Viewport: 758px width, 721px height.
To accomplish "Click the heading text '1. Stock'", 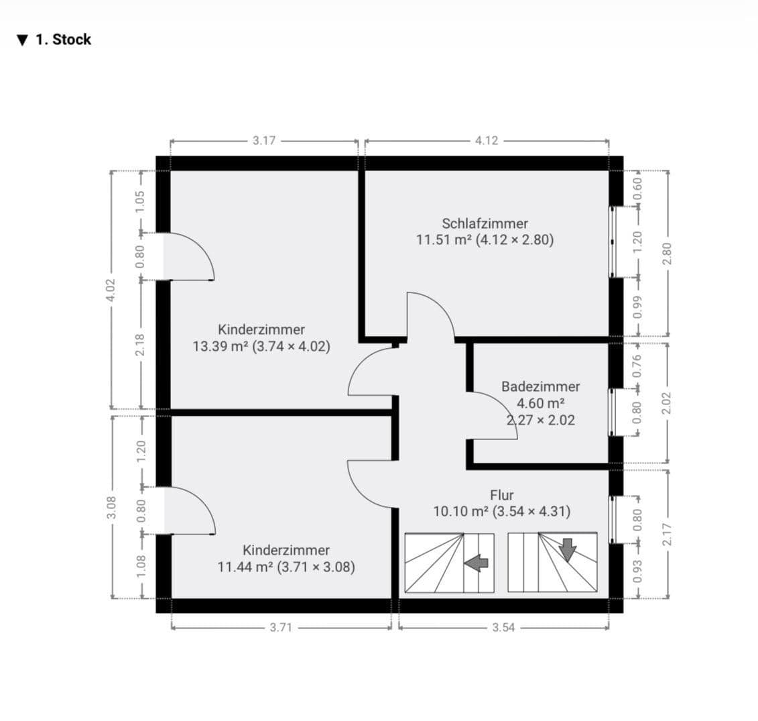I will pyautogui.click(x=63, y=40).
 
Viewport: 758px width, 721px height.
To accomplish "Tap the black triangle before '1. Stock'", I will pyautogui.click(x=23, y=40).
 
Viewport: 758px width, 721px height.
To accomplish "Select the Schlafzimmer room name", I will pyautogui.click(x=485, y=223).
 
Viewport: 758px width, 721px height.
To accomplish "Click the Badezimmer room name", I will pyautogui.click(x=540, y=386).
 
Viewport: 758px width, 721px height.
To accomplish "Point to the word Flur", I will pyautogui.click(x=501, y=495).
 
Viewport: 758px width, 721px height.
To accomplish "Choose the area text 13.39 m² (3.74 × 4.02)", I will pyautogui.click(x=261, y=347).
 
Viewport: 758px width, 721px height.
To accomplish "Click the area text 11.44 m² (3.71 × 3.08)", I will pyautogui.click(x=286, y=567).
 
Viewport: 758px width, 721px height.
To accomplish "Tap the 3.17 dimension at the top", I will pyautogui.click(x=264, y=141).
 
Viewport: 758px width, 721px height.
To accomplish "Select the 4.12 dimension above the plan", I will pyautogui.click(x=487, y=141).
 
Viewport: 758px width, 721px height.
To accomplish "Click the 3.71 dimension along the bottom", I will pyautogui.click(x=281, y=628).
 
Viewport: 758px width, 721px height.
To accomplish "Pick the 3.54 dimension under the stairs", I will pyautogui.click(x=503, y=628).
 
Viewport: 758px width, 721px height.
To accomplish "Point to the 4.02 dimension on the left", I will pyautogui.click(x=111, y=290).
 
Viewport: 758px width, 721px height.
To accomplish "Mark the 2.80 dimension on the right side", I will pyautogui.click(x=667, y=253).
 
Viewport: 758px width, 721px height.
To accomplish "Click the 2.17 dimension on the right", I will pyautogui.click(x=667, y=533).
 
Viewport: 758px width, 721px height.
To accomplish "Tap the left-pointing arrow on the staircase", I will pyautogui.click(x=477, y=563).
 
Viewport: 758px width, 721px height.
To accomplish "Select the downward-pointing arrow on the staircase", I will pyautogui.click(x=568, y=549).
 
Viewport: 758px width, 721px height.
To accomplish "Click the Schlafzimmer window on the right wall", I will pyautogui.click(x=613, y=241).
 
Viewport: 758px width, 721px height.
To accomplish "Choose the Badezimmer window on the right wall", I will pyautogui.click(x=613, y=412).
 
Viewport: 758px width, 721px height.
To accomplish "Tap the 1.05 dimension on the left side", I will pyautogui.click(x=140, y=201).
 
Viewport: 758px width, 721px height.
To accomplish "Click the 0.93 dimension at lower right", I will pyautogui.click(x=638, y=571).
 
